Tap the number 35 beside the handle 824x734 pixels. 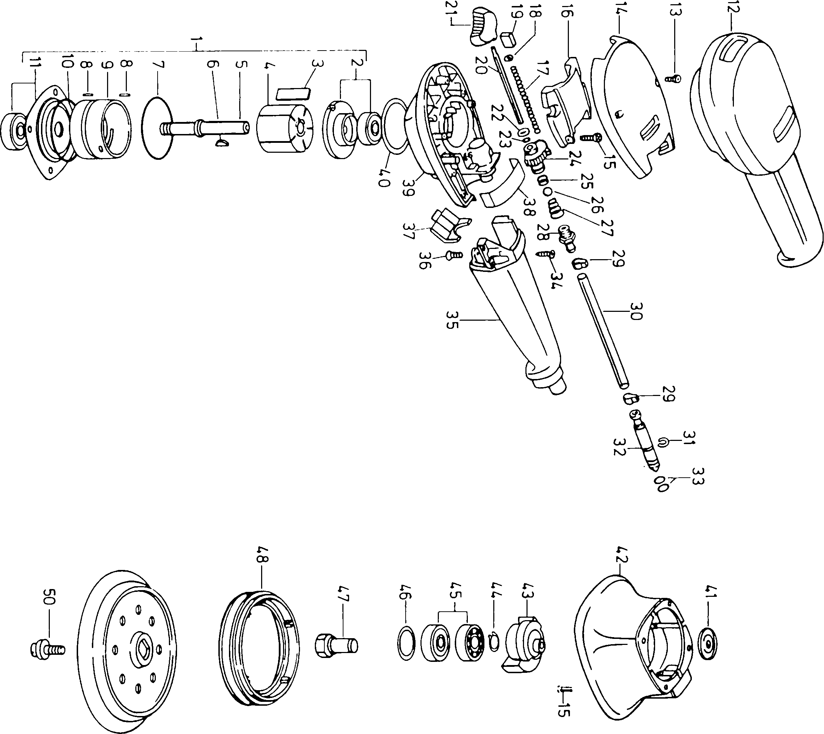point(452,320)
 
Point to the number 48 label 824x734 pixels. point(262,555)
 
